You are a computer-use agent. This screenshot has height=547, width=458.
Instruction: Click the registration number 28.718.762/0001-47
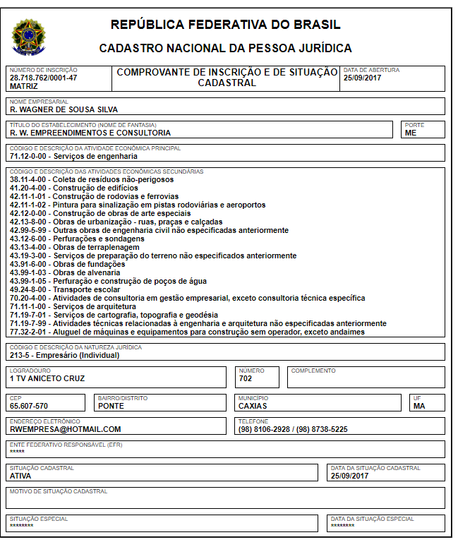[44, 78]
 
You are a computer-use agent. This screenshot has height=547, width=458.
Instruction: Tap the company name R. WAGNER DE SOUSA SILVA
[64, 109]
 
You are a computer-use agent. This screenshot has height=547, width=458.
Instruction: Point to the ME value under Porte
[411, 133]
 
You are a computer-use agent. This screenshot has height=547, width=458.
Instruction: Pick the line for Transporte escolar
[65, 289]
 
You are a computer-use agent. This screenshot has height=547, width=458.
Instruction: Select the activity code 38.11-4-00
[30, 180]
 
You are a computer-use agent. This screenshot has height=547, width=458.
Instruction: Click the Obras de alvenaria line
[66, 272]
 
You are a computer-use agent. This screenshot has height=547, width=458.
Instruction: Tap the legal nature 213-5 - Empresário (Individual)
[65, 355]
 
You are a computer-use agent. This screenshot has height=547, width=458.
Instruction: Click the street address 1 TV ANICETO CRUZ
[47, 378]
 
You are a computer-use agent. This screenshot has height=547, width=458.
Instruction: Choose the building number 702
[246, 378]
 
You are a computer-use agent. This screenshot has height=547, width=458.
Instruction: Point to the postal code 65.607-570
[29, 406]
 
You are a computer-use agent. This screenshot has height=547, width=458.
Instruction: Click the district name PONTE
[111, 406]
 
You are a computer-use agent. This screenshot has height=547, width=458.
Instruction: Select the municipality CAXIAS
[253, 406]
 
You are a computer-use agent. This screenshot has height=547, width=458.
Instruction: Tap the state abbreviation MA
[419, 406]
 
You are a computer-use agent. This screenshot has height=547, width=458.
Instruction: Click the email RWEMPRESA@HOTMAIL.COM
[65, 429]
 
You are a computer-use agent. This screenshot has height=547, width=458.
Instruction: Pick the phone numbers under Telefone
[293, 429]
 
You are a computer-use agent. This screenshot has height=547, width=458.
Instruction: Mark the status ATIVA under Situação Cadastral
[20, 476]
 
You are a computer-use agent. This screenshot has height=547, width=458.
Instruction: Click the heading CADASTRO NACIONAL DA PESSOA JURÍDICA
[225, 49]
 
